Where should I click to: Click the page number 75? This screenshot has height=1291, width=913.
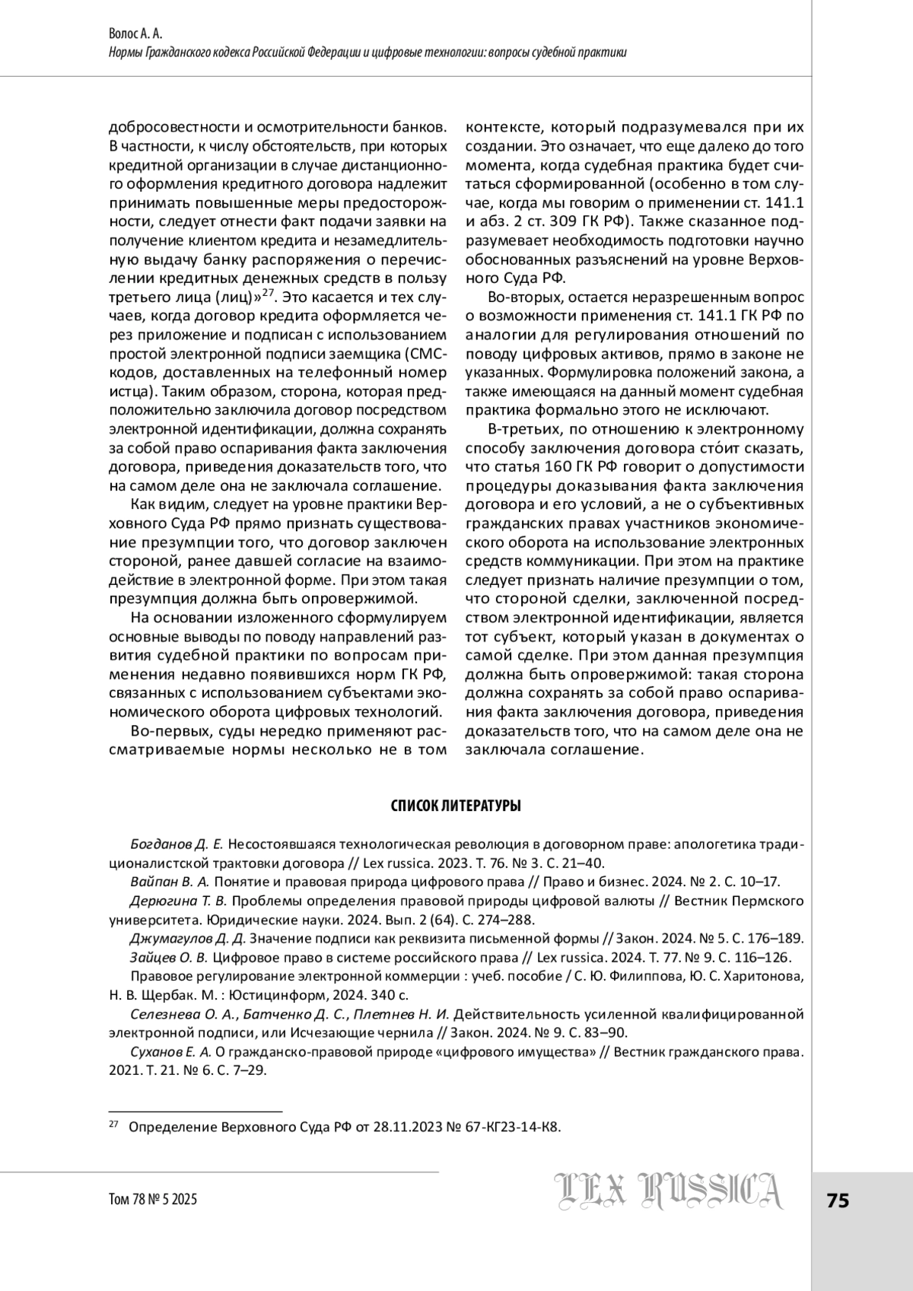point(838,1200)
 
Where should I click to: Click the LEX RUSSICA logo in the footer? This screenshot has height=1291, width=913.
point(670,1191)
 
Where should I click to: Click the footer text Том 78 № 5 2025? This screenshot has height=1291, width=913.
point(154,1200)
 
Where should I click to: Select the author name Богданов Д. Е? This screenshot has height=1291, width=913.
point(177,844)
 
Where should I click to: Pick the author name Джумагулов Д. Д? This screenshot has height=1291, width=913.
point(188,938)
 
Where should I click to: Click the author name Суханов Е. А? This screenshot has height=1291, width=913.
point(170,1052)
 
